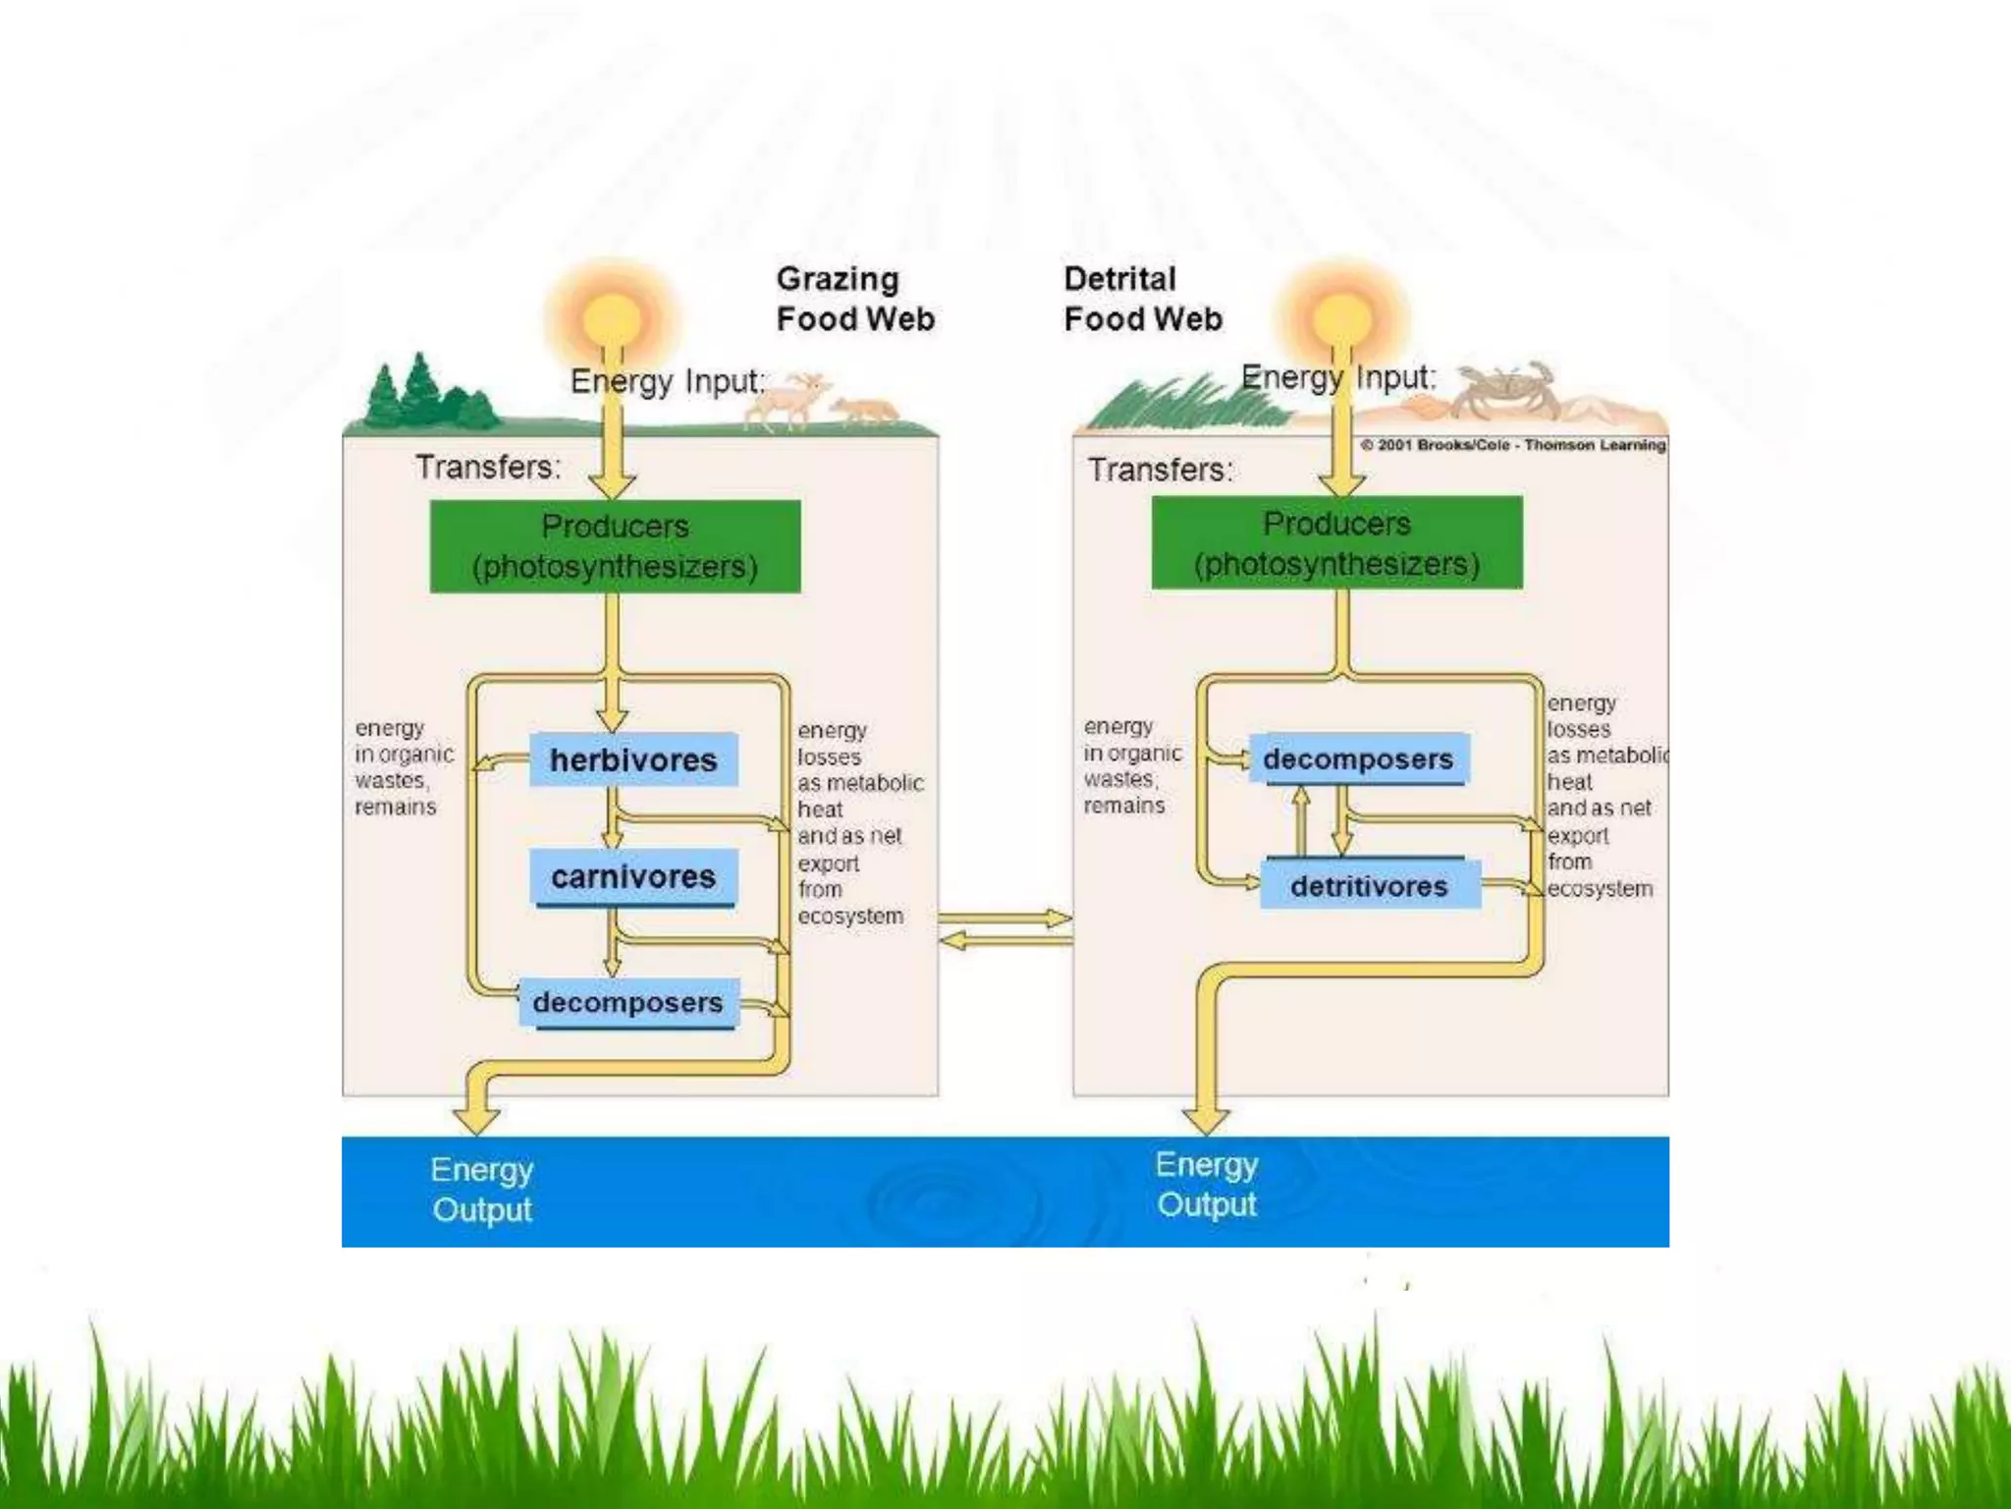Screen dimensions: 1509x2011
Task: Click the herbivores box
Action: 633,759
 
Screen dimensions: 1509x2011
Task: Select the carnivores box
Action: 633,876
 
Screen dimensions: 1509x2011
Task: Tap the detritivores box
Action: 1370,885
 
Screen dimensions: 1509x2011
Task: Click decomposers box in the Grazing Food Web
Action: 628,1003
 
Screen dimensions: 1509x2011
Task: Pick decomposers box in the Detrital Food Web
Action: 1359,758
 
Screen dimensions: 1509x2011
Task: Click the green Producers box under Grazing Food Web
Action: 616,546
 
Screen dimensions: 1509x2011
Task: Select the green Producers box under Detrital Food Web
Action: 1336,543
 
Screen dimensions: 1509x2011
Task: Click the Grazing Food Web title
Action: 853,300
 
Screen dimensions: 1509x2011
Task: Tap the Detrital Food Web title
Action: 1142,300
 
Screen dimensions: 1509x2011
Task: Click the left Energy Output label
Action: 482,1189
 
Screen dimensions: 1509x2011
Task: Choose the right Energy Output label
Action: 1207,1184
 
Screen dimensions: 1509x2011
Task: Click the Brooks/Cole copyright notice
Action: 1513,445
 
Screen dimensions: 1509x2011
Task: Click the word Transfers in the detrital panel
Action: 1159,470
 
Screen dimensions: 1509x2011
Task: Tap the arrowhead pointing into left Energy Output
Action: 477,1118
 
